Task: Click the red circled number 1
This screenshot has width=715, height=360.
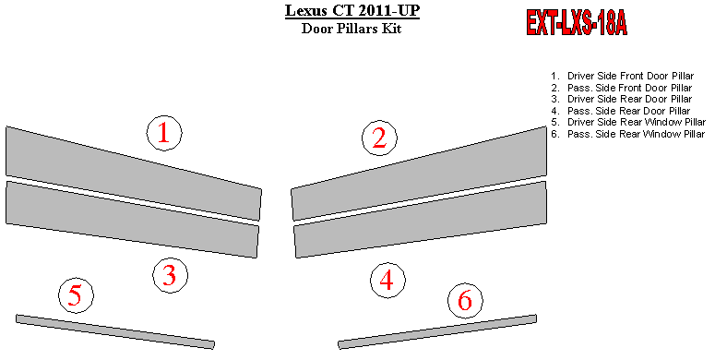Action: [x=164, y=133]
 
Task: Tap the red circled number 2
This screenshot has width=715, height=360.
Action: [x=379, y=138]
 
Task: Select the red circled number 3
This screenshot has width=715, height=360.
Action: [x=170, y=275]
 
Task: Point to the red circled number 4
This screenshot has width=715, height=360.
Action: [x=387, y=280]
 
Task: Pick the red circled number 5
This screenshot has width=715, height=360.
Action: [x=76, y=295]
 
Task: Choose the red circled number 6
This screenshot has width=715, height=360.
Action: [x=465, y=301]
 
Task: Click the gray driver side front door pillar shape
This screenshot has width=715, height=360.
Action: [x=133, y=174]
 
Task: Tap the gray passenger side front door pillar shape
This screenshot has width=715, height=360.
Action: [x=419, y=174]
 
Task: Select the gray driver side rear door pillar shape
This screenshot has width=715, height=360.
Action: [x=132, y=220]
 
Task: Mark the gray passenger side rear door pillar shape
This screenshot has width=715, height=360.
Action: [x=420, y=220]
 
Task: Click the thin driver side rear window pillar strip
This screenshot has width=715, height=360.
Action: [x=115, y=331]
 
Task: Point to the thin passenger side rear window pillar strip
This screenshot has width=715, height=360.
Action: [x=437, y=331]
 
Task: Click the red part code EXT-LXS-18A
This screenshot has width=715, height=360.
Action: [x=577, y=23]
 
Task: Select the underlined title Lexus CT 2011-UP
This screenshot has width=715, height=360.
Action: [x=352, y=10]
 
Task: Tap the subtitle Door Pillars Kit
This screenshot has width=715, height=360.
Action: [x=352, y=29]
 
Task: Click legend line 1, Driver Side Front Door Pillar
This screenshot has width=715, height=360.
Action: [x=623, y=77]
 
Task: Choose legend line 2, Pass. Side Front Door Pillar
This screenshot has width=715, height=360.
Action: [x=622, y=88]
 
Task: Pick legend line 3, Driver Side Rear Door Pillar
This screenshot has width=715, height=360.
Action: [x=622, y=99]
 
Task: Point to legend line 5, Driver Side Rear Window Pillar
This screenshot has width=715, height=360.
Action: [x=628, y=122]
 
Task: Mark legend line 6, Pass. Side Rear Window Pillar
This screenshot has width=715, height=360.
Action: [x=628, y=134]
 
